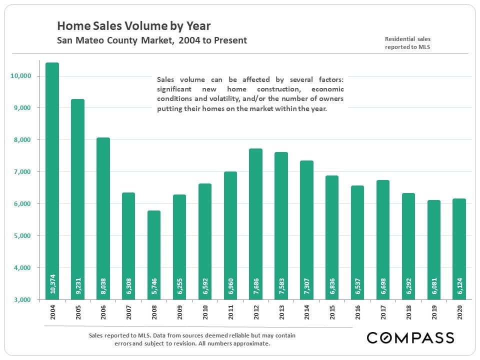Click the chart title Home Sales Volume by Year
coord(133,25)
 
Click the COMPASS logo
coord(410,337)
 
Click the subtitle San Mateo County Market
coord(151,40)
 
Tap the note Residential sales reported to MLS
coord(407,43)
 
